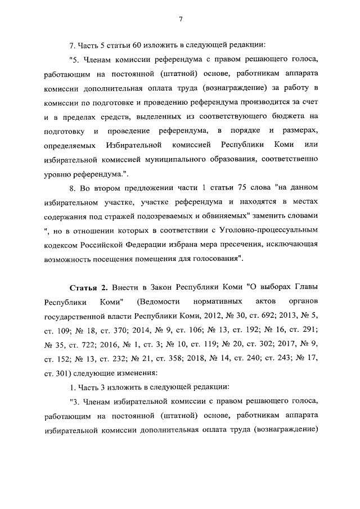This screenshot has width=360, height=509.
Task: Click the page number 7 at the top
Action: click(x=180, y=19)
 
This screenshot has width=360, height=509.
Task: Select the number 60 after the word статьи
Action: click(x=139, y=44)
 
